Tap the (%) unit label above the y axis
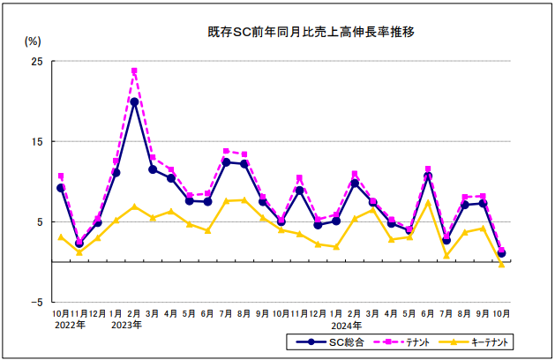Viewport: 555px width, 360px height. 33,41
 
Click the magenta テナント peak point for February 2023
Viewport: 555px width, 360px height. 134,71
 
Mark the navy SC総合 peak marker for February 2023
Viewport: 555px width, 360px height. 134,101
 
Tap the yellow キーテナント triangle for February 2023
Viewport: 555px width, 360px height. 134,206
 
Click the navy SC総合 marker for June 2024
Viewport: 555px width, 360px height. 428,176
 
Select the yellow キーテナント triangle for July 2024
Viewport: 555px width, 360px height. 446,256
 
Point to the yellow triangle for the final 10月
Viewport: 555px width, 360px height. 502,264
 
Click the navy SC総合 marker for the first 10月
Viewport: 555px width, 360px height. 61,188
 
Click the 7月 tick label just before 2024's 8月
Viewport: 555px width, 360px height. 446,313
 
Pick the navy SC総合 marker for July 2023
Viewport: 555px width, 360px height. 226,161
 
